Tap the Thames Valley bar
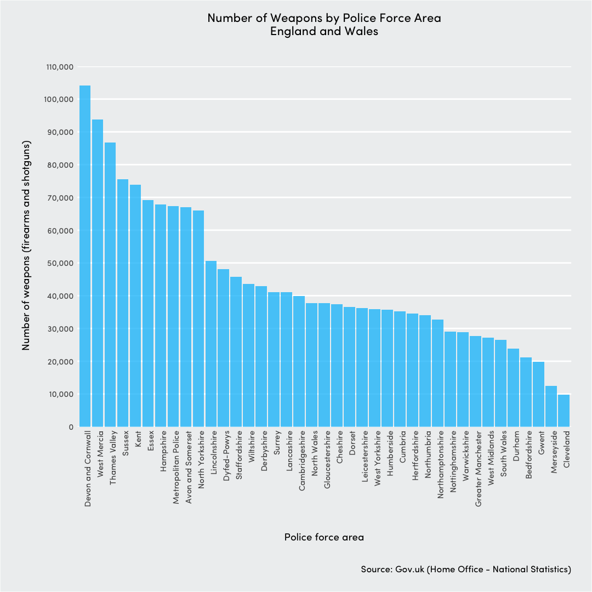(x=110, y=284)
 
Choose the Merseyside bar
(x=551, y=406)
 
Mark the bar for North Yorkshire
(x=198, y=318)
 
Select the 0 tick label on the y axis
(x=71, y=426)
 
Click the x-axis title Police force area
(x=324, y=537)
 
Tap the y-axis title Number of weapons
(x=26, y=245)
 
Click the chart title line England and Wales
(x=324, y=31)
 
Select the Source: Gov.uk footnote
(x=466, y=569)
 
